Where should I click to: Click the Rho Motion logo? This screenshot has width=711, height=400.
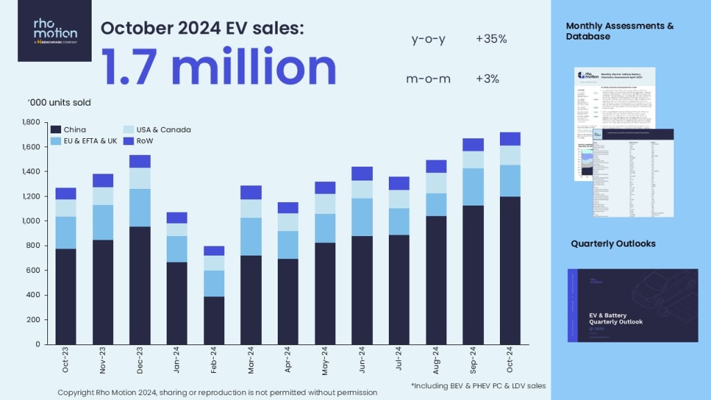tap(55, 31)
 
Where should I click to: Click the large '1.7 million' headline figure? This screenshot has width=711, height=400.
tap(219, 67)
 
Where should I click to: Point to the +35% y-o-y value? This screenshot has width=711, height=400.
tap(492, 39)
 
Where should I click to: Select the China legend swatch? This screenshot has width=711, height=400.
tap(56, 130)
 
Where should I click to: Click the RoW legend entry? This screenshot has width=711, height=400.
tap(139, 141)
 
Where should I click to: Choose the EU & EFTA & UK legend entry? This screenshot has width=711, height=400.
tap(85, 141)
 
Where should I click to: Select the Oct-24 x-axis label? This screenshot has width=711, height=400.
tap(510, 361)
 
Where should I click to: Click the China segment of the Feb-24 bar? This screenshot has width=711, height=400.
tap(215, 320)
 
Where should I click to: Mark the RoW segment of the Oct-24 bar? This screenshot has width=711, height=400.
tap(510, 139)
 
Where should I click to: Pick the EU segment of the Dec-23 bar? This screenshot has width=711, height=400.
tap(140, 208)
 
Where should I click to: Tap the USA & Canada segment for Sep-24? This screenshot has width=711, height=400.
tap(474, 160)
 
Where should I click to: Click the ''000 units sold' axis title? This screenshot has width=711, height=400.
tap(59, 103)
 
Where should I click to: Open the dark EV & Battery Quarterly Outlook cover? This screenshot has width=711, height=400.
tap(632, 305)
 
